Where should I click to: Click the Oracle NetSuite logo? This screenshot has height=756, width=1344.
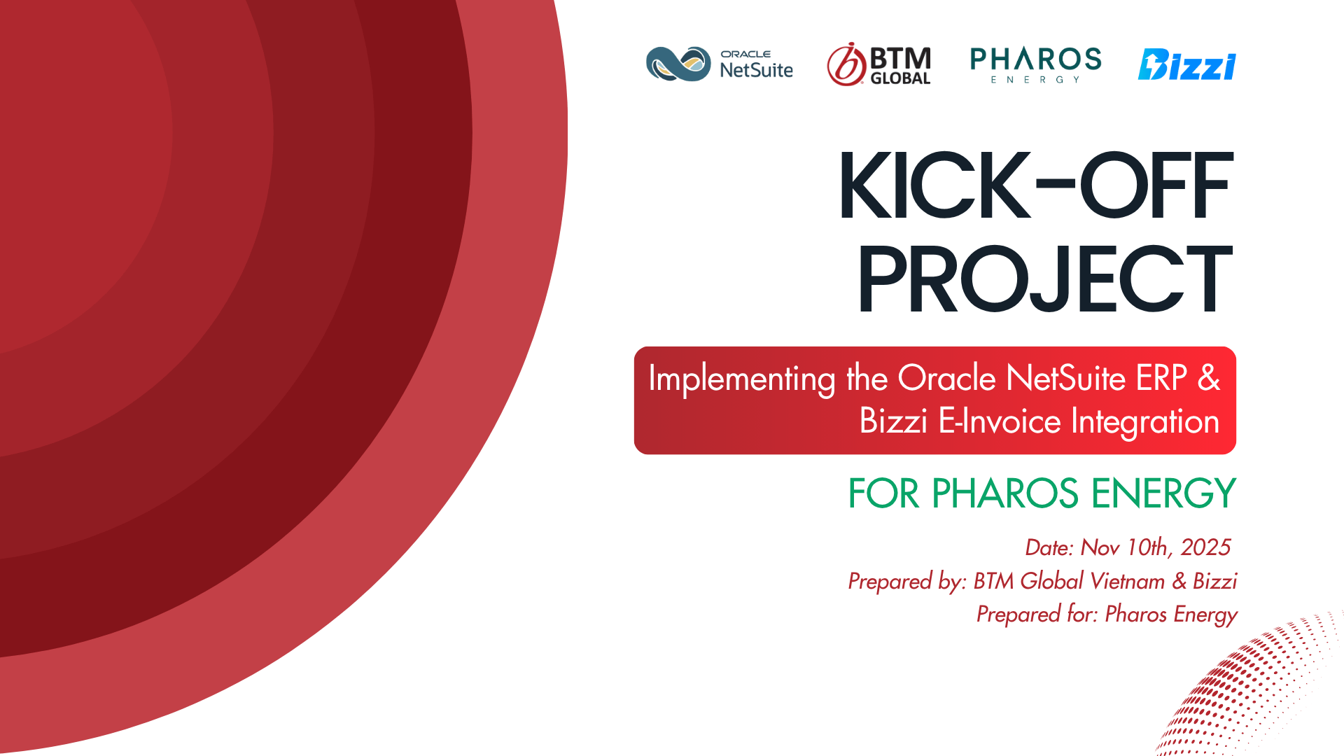point(720,64)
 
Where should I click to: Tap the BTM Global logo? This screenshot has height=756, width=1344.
point(879,64)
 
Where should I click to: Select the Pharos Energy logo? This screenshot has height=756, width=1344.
point(1036,65)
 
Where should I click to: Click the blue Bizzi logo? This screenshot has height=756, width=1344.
point(1187,64)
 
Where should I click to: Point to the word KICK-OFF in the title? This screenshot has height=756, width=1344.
point(1035,185)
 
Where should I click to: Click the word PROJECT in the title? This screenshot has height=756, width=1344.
point(1044,279)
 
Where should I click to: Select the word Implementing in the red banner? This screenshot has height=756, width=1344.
point(742,379)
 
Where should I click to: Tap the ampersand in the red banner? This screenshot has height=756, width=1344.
point(1209,378)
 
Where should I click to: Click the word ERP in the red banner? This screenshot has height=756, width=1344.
point(1161,378)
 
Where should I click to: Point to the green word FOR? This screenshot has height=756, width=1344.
point(883,493)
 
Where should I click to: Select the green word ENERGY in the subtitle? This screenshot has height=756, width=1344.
point(1164,493)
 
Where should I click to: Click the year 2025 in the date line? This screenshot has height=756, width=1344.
point(1205,547)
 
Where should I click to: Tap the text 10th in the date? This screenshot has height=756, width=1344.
point(1148,547)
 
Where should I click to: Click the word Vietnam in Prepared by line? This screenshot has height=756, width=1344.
point(1127,581)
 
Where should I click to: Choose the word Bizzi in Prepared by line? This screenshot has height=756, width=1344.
point(1214,581)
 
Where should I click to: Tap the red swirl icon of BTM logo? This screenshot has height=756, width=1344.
point(846,64)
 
